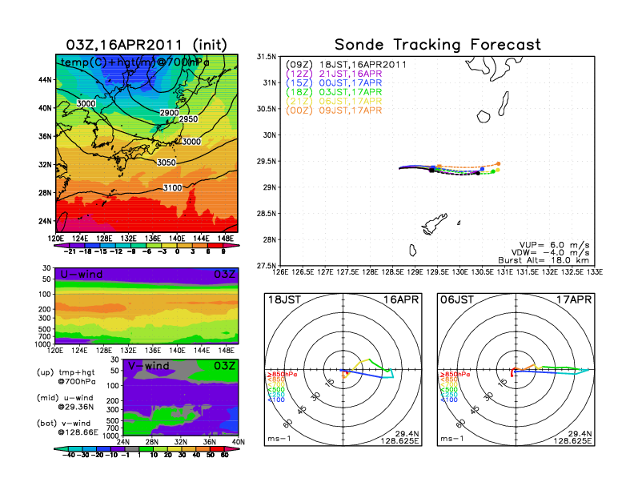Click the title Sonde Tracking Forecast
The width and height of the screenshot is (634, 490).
tap(437, 45)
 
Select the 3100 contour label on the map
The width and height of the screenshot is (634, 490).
tap(173, 188)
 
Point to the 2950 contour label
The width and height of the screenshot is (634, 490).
tap(187, 119)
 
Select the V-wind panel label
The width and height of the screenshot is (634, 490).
tap(149, 366)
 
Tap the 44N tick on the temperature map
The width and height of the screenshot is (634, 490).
tap(44, 79)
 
